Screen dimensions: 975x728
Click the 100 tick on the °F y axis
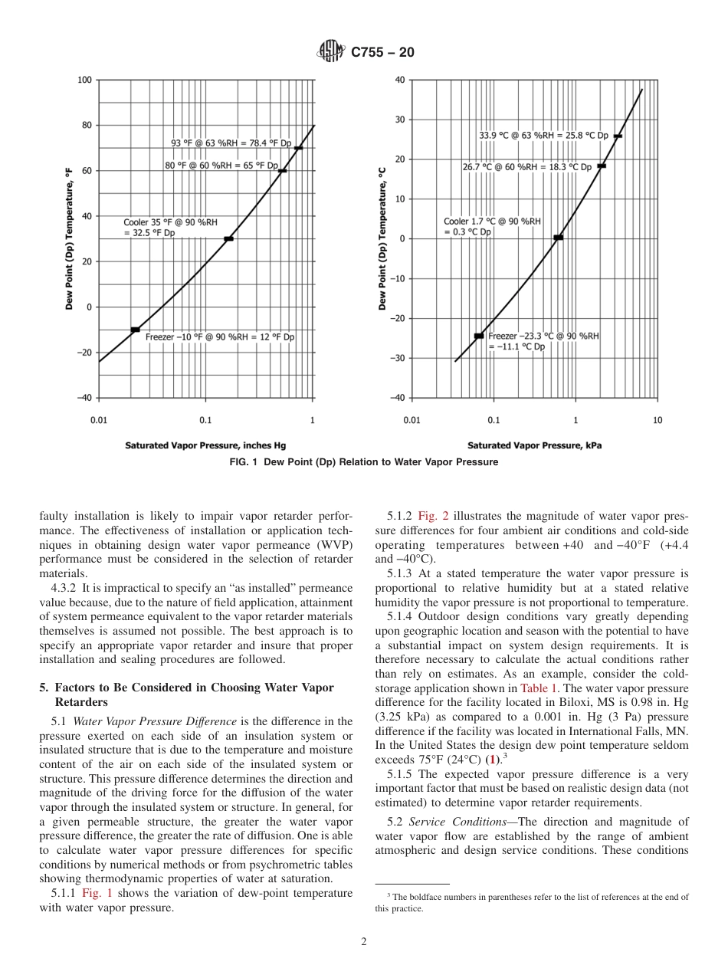click(x=84, y=80)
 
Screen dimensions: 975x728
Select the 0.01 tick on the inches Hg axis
click(x=99, y=420)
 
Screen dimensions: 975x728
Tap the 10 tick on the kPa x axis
click(x=657, y=420)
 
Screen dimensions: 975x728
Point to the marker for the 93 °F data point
click(x=298, y=148)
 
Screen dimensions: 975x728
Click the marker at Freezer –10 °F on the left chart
click(x=135, y=330)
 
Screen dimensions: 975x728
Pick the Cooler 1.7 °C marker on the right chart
click(x=559, y=238)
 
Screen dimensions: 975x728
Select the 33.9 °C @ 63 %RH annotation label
click(x=543, y=136)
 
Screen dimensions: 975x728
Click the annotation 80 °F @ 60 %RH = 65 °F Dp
click(x=221, y=165)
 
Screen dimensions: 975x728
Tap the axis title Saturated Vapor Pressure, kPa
click(x=534, y=445)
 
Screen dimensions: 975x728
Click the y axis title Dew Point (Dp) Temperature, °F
click(x=68, y=239)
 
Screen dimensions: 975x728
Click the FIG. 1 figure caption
click(x=363, y=462)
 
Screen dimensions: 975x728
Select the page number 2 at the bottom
click(x=363, y=942)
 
